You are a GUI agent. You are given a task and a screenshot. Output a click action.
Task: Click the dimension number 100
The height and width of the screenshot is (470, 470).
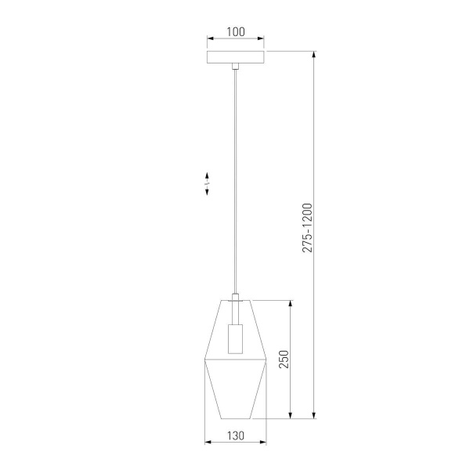click(235, 32)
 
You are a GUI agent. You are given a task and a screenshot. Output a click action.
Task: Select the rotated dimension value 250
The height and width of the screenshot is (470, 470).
click(285, 360)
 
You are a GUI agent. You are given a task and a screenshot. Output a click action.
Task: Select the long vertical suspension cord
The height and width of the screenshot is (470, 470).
click(235, 180)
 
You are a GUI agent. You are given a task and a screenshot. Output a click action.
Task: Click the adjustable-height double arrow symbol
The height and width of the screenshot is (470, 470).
click(208, 183)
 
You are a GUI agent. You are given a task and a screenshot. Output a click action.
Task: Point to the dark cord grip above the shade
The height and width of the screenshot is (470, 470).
click(235, 295)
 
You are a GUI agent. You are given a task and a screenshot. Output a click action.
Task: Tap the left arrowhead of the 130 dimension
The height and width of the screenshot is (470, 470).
click(207, 443)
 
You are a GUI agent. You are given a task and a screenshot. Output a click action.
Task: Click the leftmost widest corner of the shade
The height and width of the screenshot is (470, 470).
click(204, 360)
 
